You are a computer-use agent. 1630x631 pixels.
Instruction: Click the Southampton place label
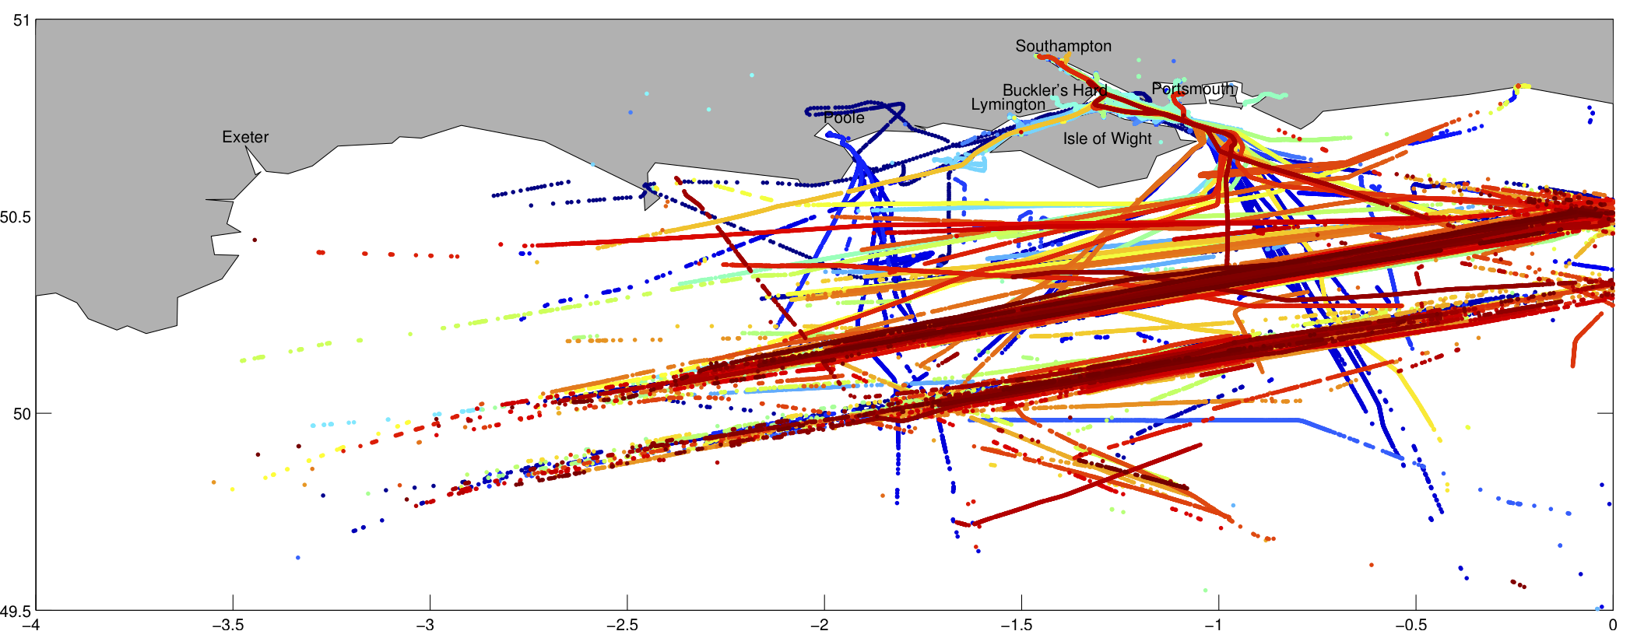click(x=1063, y=47)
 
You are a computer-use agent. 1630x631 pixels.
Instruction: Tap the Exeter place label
click(x=245, y=138)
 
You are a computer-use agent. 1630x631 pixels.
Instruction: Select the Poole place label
click(x=844, y=118)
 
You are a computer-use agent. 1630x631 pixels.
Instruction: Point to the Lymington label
click(x=1008, y=105)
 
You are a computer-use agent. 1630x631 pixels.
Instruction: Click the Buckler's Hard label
click(x=1054, y=90)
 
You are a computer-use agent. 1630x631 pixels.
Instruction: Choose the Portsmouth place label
click(x=1193, y=89)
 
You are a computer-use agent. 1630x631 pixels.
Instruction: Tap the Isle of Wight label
click(x=1107, y=139)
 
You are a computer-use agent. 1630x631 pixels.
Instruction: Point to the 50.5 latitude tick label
click(x=16, y=217)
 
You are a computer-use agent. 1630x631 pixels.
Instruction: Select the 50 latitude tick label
click(x=21, y=414)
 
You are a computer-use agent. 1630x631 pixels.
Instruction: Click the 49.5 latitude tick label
click(x=16, y=612)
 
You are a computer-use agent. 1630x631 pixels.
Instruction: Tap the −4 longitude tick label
click(x=31, y=624)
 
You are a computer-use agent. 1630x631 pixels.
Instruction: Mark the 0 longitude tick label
click(x=1613, y=624)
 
